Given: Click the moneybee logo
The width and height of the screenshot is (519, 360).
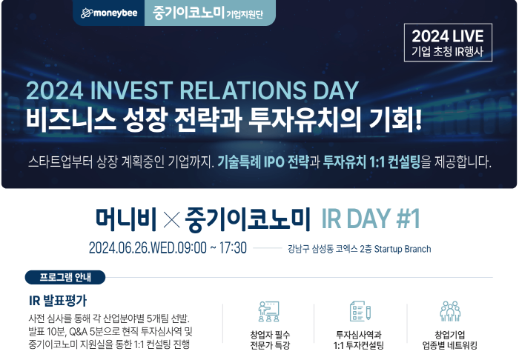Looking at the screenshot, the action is pyautogui.click(x=109, y=13).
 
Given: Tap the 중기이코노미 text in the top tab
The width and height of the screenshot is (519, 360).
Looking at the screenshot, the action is pyautogui.click(x=188, y=13).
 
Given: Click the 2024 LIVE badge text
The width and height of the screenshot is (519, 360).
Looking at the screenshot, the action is pyautogui.click(x=448, y=36).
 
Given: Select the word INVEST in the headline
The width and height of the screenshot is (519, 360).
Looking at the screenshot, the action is pyautogui.click(x=130, y=90).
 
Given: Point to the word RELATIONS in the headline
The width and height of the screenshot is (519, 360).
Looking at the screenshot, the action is pyautogui.click(x=243, y=90).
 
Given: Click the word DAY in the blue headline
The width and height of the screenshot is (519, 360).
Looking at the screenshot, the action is pyautogui.click(x=336, y=90).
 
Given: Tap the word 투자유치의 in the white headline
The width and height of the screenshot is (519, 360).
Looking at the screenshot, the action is pyautogui.click(x=305, y=119).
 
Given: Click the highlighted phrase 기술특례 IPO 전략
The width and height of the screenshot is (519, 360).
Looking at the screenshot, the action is pyautogui.click(x=263, y=162).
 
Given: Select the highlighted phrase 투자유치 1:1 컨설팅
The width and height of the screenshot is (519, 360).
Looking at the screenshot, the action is pyautogui.click(x=371, y=162).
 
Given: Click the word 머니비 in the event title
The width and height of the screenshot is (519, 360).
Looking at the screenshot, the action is pyautogui.click(x=126, y=219).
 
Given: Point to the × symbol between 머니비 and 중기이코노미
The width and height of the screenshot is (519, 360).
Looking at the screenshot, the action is pyautogui.click(x=172, y=219).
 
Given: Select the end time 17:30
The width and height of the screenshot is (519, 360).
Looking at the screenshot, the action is pyautogui.click(x=233, y=248).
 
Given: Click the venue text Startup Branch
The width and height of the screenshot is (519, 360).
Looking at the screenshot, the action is pyautogui.click(x=403, y=249).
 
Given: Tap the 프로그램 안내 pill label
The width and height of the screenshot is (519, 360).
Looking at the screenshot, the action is pyautogui.click(x=65, y=277).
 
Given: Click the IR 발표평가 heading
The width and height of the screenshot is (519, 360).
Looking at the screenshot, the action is pyautogui.click(x=58, y=301).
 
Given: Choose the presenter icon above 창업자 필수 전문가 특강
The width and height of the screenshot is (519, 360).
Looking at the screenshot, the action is pyautogui.click(x=268, y=311).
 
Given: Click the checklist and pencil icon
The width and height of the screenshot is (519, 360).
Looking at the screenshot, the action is pyautogui.click(x=360, y=311).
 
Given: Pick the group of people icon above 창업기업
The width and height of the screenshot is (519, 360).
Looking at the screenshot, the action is pyautogui.click(x=450, y=311).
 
